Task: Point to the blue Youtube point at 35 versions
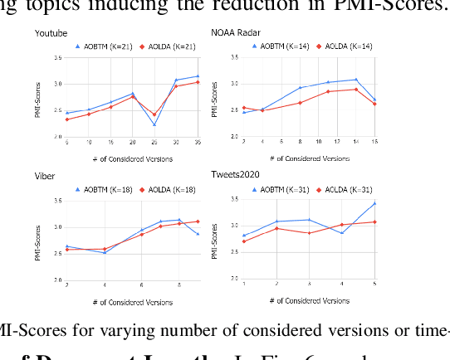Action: pyautogui.click(x=198, y=76)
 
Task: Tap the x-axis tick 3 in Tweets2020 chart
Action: pyautogui.click(x=309, y=284)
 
